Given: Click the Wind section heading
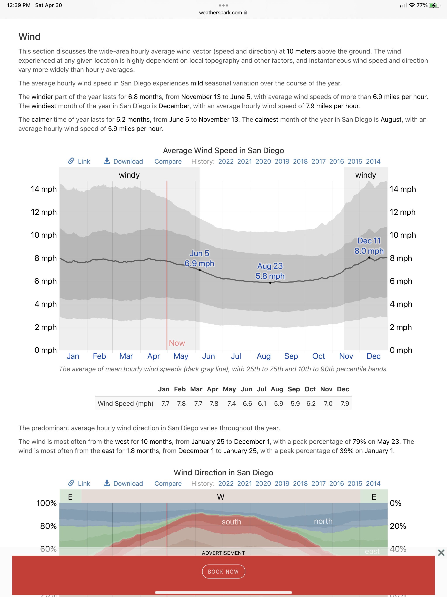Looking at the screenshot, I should (x=29, y=37).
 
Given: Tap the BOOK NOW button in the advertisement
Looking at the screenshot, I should (x=223, y=571).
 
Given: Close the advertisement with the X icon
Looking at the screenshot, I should (x=441, y=552).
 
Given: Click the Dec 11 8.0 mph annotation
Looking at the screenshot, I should (x=369, y=246).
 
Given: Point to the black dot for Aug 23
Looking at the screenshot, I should (x=270, y=283).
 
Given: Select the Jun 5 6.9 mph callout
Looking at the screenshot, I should (x=199, y=258).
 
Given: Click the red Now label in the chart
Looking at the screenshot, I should (x=177, y=343).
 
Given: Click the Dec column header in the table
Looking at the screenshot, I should (x=343, y=389).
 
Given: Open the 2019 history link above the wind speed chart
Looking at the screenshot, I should (x=282, y=161).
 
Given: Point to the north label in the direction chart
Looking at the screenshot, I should (x=323, y=521).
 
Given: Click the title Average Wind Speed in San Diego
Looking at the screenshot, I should (x=223, y=150).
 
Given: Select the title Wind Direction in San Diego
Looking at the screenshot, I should (x=223, y=473).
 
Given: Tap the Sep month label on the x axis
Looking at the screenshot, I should (x=291, y=356).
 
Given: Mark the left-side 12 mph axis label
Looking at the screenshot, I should (x=44, y=212).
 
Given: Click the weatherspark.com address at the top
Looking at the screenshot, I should (x=220, y=13).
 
